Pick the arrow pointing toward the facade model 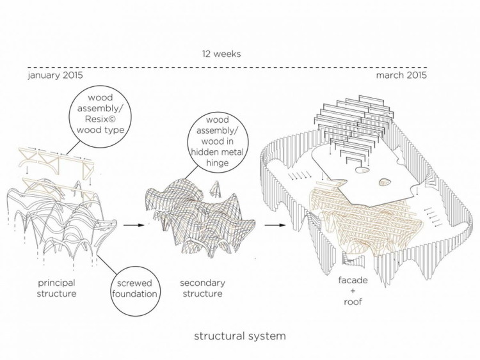tap(276, 225)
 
